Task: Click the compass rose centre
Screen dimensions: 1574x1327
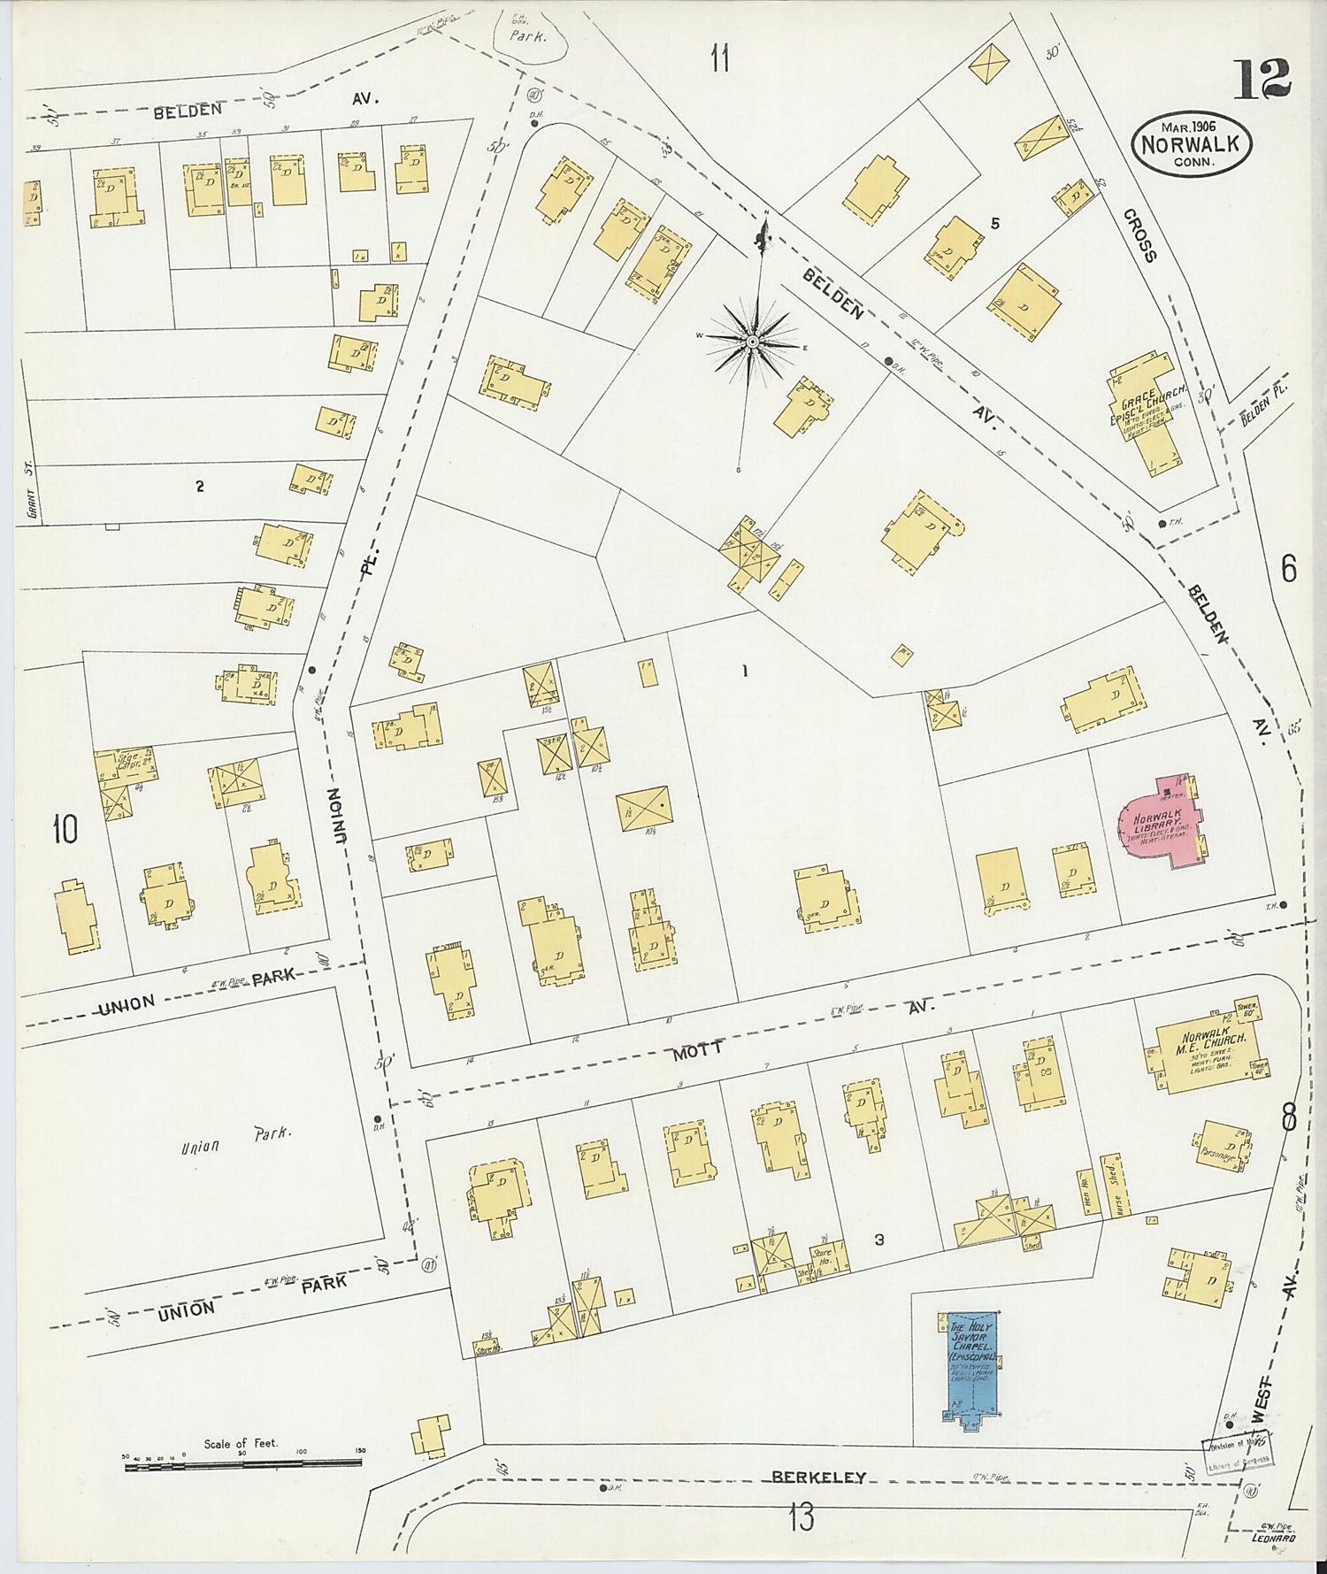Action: coord(752,342)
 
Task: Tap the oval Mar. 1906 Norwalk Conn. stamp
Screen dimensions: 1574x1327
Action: coord(1191,142)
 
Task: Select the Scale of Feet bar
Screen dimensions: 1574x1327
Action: coord(242,1466)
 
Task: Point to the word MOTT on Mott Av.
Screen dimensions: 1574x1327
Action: coord(699,1050)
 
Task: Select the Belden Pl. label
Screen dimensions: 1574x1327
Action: coord(1264,404)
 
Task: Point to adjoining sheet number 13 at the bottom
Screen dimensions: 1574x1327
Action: coord(801,1517)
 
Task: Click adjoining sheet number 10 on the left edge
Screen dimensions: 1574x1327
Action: coord(65,829)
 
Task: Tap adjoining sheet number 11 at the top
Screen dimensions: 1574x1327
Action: coord(719,59)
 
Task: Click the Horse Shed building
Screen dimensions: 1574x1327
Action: coord(1112,1186)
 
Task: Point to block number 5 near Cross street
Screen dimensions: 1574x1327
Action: coord(995,224)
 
